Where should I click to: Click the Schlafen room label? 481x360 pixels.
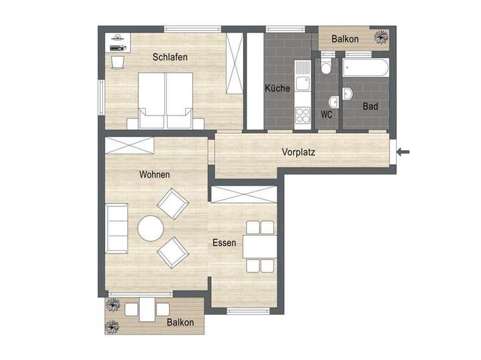[x=170, y=57]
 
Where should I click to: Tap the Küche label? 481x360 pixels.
[x=277, y=88]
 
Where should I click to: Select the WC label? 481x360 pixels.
[x=327, y=114]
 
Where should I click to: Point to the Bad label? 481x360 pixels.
[x=371, y=106]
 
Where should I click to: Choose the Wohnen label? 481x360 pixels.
[x=154, y=174]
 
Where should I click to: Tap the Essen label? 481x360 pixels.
[x=224, y=243]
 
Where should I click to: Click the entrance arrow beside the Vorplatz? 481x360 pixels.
[x=403, y=152]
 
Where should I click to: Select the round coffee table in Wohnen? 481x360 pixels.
[x=150, y=228]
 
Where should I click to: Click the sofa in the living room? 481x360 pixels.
[x=116, y=228]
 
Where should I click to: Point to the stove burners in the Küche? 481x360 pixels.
[x=303, y=114]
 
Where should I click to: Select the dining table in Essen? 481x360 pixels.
[x=259, y=247]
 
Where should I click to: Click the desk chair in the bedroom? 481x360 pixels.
[x=118, y=63]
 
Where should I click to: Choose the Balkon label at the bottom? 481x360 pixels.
[x=180, y=323]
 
